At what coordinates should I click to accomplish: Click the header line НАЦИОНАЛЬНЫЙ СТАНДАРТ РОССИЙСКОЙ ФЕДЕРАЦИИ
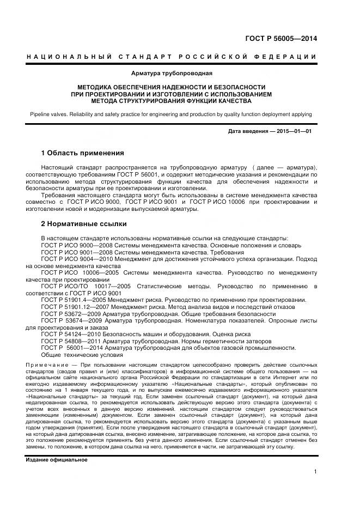171,57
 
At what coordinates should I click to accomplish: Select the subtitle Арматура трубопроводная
172,72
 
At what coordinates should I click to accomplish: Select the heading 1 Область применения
83,153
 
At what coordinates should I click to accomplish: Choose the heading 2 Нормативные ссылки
84,223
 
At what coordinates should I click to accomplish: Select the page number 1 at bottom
315,472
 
